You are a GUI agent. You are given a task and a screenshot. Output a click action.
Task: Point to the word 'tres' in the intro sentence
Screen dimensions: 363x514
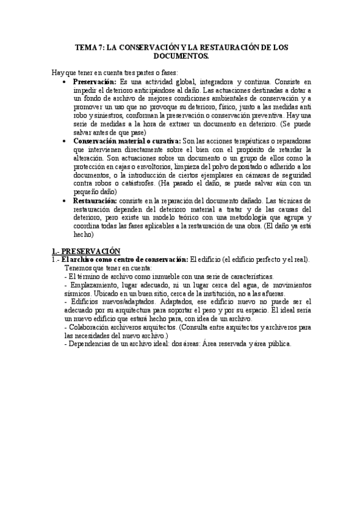point(133,72)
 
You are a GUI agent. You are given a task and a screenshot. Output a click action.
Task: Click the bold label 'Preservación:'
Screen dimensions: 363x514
point(95,81)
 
